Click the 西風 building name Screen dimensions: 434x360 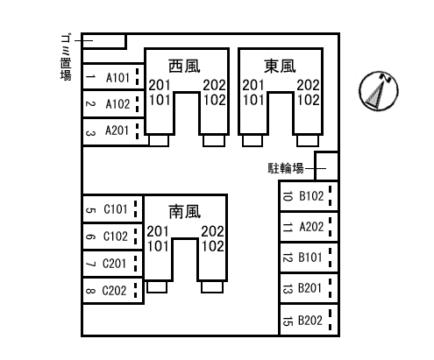184,66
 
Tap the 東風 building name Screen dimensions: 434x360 280,66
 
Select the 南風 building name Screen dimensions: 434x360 184,212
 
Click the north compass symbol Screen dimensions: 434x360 379,91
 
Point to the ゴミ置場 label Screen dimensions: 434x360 66,58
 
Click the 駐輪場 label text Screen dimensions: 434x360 286,168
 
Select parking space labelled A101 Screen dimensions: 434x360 113,77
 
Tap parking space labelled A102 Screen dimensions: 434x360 113,103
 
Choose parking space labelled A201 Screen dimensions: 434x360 113,131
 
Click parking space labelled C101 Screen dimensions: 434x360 113,208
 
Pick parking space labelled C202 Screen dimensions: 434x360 113,291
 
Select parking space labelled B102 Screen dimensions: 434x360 309,196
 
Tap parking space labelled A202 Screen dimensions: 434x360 309,227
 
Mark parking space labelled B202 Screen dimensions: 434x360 309,320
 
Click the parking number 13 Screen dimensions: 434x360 288,289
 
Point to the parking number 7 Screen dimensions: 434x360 90,264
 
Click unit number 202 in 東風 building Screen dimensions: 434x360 309,85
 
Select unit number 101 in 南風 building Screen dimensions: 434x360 158,246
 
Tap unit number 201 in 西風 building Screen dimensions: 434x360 160,85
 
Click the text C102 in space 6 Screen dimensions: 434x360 116,236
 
